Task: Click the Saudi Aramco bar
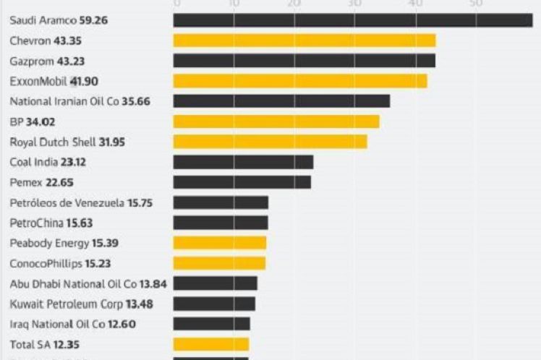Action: tap(353, 20)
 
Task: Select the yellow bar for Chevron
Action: tap(304, 40)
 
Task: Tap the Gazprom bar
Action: tap(304, 61)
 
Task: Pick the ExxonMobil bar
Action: tap(300, 81)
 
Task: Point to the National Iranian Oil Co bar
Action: tap(281, 101)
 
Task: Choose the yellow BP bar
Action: tap(276, 121)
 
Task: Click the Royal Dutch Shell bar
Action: tap(270, 142)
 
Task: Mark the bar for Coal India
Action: tap(243, 162)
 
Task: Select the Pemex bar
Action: tap(242, 182)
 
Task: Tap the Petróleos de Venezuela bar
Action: tap(221, 202)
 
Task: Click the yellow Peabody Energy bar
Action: tap(220, 243)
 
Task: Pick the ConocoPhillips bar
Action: tap(219, 263)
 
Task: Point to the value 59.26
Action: tap(95, 20)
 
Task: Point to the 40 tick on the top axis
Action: tap(414, 4)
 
